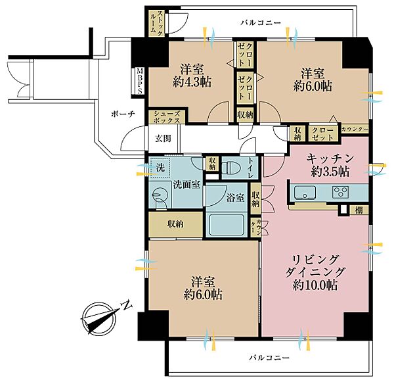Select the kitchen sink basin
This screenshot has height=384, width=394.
coord(305,193)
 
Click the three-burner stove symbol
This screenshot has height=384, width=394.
coord(340,192)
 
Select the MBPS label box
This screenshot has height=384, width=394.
coord(139,81)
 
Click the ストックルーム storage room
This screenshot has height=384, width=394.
coord(156,23)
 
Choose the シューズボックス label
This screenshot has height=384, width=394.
coord(167,117)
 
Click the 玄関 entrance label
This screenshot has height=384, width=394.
coord(163,139)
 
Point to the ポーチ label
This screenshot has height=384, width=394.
coord(123,114)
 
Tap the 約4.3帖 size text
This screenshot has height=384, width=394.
coord(192,82)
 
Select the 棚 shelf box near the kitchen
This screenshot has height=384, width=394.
coord(359,210)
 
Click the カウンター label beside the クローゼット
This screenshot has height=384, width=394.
coord(355,130)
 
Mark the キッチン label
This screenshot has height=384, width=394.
coord(330,158)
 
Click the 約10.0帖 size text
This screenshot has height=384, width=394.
coord(315,285)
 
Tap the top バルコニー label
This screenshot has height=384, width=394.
coord(261,23)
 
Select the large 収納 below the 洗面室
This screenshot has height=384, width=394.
coord(175,224)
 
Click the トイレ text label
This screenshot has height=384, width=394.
coord(251,168)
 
